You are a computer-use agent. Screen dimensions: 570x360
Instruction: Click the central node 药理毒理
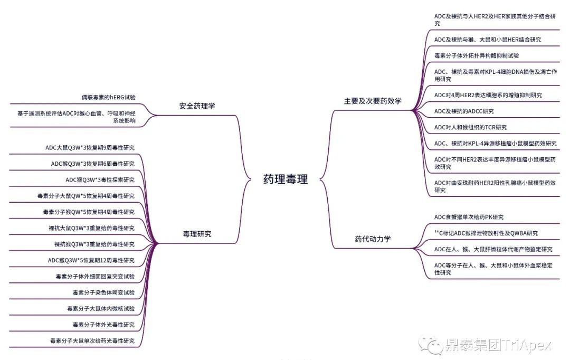click(x=285, y=179)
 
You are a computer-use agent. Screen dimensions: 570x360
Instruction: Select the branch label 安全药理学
click(x=197, y=106)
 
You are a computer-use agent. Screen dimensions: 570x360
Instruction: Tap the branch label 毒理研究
click(x=197, y=234)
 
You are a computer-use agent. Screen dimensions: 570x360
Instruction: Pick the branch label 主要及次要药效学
click(x=373, y=101)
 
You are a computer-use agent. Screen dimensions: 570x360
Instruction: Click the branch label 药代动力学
click(x=373, y=239)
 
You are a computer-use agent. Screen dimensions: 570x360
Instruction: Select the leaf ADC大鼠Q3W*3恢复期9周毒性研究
click(x=90, y=148)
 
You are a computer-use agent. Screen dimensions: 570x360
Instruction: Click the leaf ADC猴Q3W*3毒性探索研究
click(x=100, y=179)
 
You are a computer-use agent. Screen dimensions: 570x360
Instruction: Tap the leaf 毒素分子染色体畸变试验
click(x=103, y=292)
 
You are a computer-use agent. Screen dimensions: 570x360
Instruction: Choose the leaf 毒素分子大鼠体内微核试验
click(x=100, y=308)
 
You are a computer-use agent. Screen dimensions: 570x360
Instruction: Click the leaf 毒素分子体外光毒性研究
click(x=103, y=325)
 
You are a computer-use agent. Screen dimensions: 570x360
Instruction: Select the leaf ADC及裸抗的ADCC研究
click(x=464, y=111)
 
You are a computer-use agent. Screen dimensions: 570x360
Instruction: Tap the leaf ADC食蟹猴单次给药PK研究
click(x=469, y=217)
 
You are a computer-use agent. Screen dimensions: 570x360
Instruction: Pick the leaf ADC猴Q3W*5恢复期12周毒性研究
click(x=91, y=260)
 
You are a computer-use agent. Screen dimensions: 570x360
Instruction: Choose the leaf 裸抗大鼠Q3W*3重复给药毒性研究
click(x=91, y=228)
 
